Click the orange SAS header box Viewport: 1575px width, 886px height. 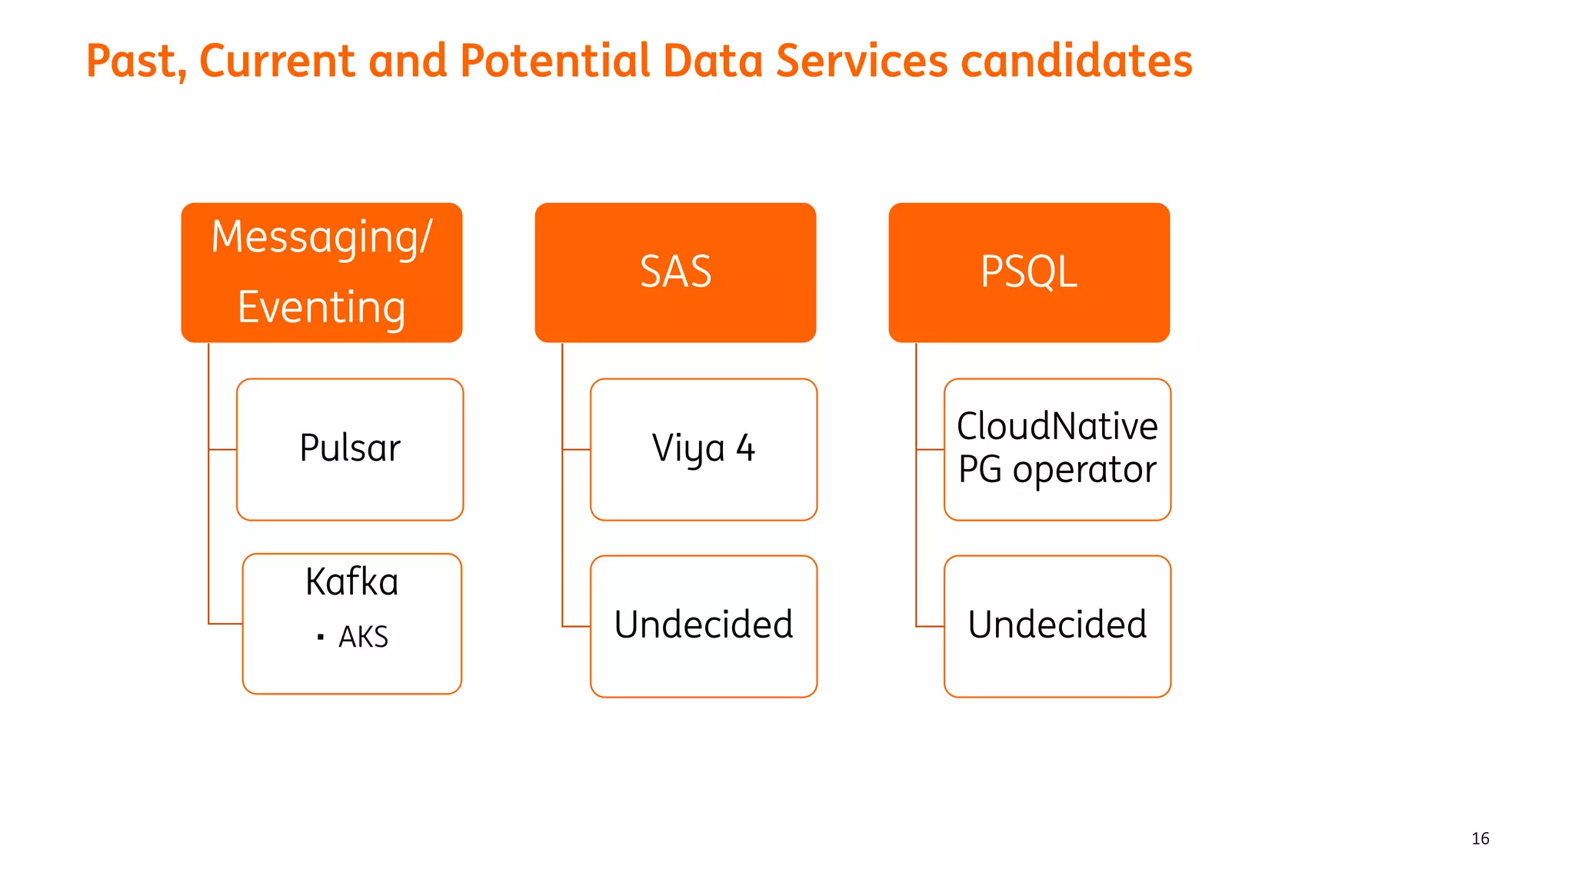click(x=675, y=272)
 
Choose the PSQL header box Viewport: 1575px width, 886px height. click(x=1029, y=272)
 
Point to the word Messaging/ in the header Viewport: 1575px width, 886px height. click(x=321, y=237)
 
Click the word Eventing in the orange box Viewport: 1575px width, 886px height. click(x=321, y=308)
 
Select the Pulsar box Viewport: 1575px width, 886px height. click(x=350, y=449)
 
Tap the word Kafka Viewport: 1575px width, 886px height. click(x=351, y=581)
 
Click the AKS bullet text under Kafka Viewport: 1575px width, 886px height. click(x=363, y=637)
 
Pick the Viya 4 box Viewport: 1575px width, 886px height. click(x=703, y=449)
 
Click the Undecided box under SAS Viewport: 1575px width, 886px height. click(x=703, y=625)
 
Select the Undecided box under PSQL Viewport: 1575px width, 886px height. click(x=1057, y=625)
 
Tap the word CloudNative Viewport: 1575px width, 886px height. click(x=1057, y=426)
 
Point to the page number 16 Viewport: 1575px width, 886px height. click(x=1480, y=838)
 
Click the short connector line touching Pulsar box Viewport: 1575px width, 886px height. click(x=222, y=449)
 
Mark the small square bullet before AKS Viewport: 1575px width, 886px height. click(x=321, y=637)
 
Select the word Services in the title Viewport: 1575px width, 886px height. click(x=861, y=62)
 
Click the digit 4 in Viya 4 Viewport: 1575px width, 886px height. click(x=745, y=448)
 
